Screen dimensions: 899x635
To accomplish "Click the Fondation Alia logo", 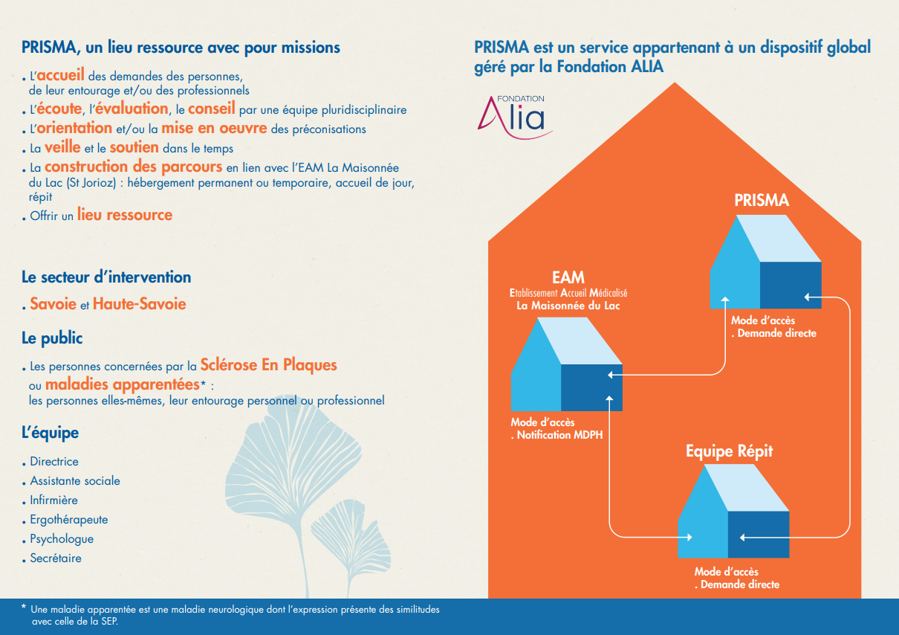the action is tap(515, 117).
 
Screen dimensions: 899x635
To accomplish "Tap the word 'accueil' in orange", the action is tap(61, 74).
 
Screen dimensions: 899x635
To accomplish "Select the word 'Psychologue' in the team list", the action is tap(62, 539).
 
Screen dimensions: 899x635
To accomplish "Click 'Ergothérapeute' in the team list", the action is tap(69, 520).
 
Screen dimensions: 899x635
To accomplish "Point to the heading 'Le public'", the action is tap(52, 338).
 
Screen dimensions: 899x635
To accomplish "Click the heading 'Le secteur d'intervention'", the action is tap(106, 277).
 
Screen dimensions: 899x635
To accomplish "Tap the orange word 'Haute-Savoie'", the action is tap(139, 303).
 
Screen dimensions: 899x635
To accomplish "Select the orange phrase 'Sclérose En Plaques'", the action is tap(268, 364).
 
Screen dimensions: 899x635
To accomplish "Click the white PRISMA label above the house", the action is tap(762, 200).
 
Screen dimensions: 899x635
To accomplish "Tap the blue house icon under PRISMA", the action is tap(765, 262).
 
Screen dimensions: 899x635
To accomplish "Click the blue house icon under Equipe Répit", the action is tap(733, 511).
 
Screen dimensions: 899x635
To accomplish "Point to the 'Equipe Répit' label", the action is tap(730, 451).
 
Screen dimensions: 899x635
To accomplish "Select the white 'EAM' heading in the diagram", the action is tap(568, 277).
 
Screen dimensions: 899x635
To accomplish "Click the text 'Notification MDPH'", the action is tap(559, 435).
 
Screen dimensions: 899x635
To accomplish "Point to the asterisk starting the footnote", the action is tap(24, 607).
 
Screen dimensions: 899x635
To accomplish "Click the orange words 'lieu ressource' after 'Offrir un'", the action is tap(125, 214).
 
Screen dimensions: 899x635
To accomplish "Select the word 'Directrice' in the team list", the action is tap(54, 462).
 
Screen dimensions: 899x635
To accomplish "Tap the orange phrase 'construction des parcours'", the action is tap(133, 167).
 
